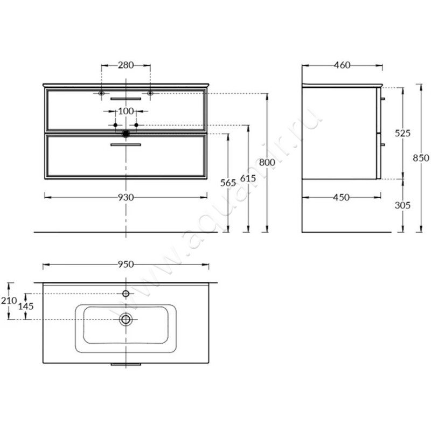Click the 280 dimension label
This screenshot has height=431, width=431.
tap(126, 65)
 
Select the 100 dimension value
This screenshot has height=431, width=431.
tap(126, 112)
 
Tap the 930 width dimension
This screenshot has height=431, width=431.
tap(126, 197)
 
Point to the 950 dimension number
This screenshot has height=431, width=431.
tap(126, 265)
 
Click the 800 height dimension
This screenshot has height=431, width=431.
tap(267, 163)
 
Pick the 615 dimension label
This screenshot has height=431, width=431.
tap(248, 178)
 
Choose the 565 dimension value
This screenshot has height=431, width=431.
tap(228, 183)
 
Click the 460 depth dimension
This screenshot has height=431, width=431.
tap(342, 65)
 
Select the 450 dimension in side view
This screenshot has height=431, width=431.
tap(342, 197)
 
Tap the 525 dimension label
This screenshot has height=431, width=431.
tap(402, 133)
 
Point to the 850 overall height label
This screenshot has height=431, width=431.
tap(421, 158)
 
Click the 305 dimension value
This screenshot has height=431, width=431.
tap(402, 205)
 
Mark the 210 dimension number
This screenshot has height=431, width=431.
tap(9, 301)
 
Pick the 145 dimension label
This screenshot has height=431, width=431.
tap(26, 306)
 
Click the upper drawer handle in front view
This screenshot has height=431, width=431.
tap(126, 99)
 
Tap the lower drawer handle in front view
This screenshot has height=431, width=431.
tap(126, 144)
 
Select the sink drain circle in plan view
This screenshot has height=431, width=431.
tap(126, 319)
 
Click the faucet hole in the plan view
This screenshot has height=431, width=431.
tap(126, 294)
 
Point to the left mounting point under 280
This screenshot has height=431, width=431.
tap(101, 93)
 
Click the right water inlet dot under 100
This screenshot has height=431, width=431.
tap(136, 125)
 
